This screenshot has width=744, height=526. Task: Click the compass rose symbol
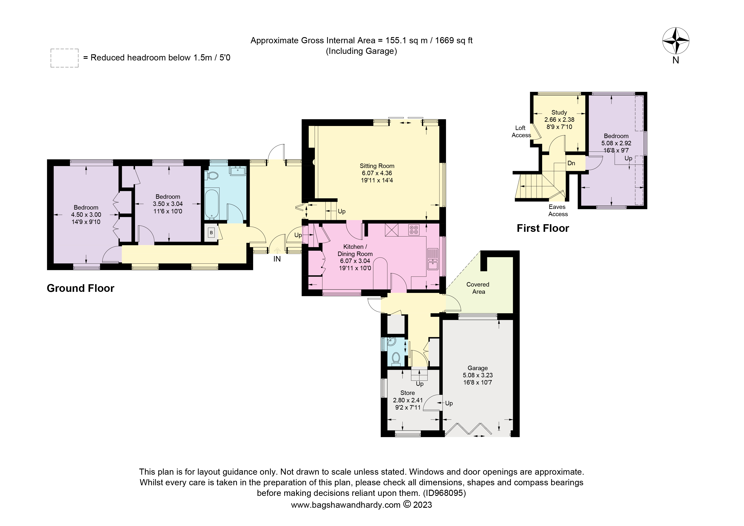(676, 41)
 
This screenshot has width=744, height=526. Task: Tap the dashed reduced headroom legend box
(64, 58)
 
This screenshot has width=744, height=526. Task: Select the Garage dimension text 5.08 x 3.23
(478, 375)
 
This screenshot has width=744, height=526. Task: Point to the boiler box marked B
(211, 232)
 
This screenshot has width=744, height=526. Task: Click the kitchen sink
(433, 259)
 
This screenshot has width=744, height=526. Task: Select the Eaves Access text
(558, 210)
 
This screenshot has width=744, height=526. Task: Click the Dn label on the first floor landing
(571, 163)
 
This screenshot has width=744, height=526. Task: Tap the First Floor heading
(543, 228)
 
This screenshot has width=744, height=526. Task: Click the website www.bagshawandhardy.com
(346, 505)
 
